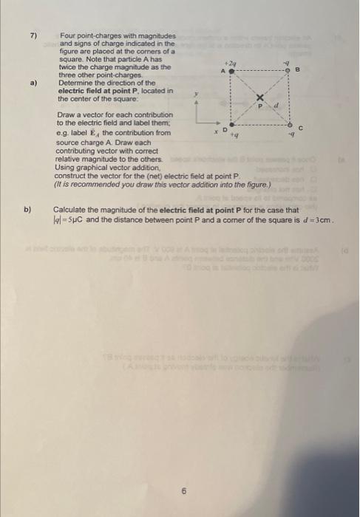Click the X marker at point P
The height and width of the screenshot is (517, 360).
tap(260, 98)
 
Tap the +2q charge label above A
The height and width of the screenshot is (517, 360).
tap(231, 61)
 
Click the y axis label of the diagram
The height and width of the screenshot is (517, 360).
tap(196, 94)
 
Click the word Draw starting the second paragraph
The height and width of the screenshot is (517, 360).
tap(64, 116)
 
